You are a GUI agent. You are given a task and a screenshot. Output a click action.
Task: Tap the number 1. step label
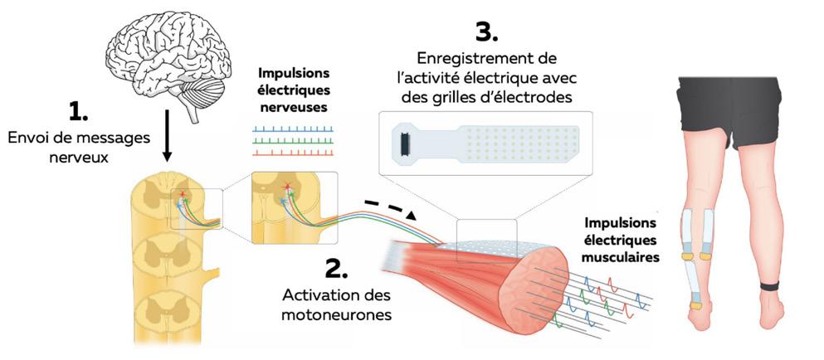pyautogui.click(x=86, y=109)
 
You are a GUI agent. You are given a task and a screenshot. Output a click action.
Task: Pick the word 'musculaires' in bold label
pyautogui.click(x=622, y=257)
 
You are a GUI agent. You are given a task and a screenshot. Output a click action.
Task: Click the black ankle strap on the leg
pyautogui.click(x=773, y=288)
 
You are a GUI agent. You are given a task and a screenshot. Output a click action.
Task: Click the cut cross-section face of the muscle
pyautogui.click(x=530, y=273)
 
